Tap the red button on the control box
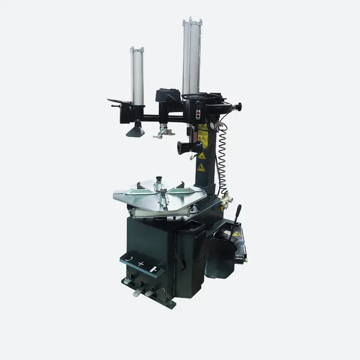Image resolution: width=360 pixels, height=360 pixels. [x=198, y=112]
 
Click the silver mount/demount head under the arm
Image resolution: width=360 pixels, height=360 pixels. [x=162, y=131]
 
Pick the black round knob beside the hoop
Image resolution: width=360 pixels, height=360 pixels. [x=239, y=106]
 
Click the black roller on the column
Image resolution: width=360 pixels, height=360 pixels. [x=184, y=147]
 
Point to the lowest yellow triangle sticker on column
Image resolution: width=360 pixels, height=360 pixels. [x=201, y=167]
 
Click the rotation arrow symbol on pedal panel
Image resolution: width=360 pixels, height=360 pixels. [x=129, y=259]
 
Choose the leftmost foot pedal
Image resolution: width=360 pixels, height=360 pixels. [x=128, y=281]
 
